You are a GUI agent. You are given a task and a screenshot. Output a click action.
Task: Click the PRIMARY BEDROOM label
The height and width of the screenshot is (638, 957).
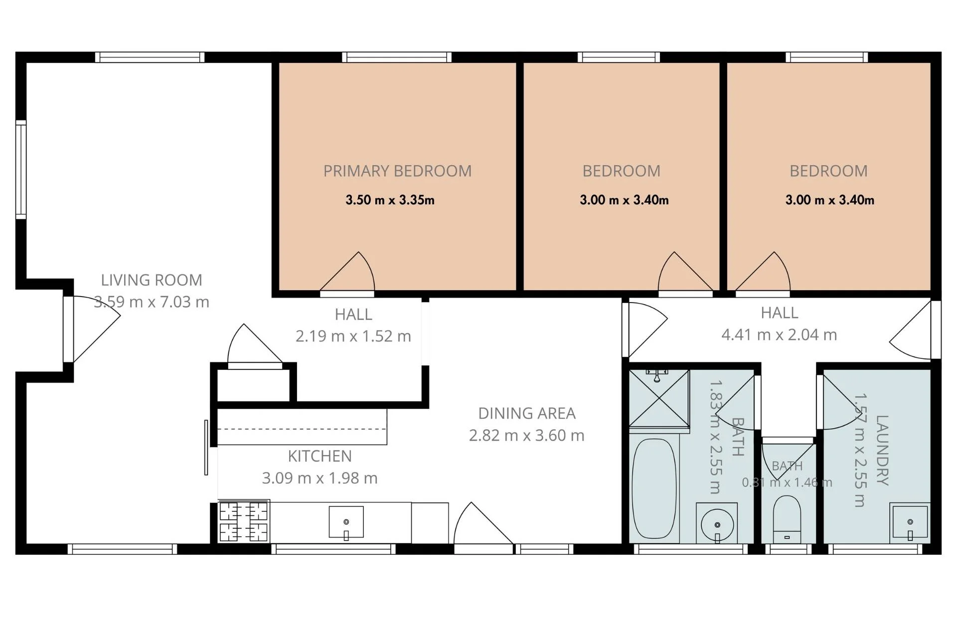click(x=397, y=171)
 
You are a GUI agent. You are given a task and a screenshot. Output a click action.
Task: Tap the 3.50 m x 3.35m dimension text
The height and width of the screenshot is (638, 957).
click(x=390, y=200)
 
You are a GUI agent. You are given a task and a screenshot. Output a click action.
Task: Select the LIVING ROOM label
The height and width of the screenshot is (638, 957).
click(x=152, y=280)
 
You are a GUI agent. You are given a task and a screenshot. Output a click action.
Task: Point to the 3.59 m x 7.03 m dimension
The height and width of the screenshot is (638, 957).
click(x=152, y=302)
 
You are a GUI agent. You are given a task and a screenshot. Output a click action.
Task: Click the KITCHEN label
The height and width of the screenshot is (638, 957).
click(x=319, y=456)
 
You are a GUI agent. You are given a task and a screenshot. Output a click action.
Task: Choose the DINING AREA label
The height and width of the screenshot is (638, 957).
click(x=527, y=413)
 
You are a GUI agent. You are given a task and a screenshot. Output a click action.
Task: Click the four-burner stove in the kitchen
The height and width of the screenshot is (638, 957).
click(x=244, y=521)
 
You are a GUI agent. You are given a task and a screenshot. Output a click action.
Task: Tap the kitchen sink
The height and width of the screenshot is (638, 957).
click(x=346, y=522)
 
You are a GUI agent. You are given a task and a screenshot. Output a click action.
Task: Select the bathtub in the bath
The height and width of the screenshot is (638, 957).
click(x=654, y=488)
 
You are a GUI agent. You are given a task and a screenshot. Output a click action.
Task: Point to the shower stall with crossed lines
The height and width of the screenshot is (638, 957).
click(x=659, y=398)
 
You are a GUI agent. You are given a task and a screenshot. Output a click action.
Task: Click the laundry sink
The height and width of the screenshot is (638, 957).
click(x=910, y=522)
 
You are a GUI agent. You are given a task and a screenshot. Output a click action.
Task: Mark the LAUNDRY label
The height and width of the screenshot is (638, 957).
click(x=882, y=450)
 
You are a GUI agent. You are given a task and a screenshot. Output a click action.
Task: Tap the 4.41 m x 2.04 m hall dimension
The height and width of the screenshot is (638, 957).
click(x=779, y=334)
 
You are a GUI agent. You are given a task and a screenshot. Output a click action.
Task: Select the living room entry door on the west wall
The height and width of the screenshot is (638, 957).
click(x=92, y=329)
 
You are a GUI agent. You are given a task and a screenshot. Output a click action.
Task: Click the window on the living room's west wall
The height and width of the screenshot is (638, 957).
click(x=21, y=169)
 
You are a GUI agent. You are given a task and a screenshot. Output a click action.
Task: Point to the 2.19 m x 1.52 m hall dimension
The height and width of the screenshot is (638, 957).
click(x=353, y=336)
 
